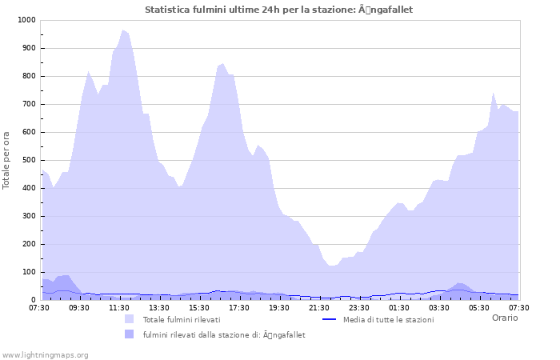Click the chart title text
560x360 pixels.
(x=279, y=10)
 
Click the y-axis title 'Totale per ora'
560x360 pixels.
(x=7, y=160)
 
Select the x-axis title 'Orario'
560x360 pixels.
(x=504, y=318)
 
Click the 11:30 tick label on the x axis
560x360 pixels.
(x=119, y=307)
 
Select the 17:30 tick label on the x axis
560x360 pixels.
(x=239, y=307)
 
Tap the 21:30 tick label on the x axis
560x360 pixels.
(x=319, y=307)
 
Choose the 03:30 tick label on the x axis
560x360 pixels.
(x=439, y=307)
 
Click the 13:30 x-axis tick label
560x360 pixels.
(x=159, y=307)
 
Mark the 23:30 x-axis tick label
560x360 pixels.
(x=359, y=307)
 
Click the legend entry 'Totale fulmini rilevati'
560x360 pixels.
(x=182, y=320)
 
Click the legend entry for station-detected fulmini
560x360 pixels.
(x=224, y=335)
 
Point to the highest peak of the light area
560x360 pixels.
(x=123, y=30)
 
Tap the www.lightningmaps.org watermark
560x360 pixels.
(x=45, y=354)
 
